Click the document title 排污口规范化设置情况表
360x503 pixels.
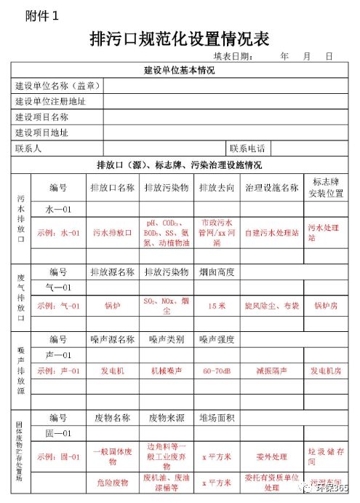(179, 38)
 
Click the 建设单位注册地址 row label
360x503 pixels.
(51, 101)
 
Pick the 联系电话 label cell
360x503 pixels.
(247, 148)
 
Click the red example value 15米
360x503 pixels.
(217, 306)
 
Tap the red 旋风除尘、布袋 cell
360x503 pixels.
(272, 306)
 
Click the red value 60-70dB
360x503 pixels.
(217, 371)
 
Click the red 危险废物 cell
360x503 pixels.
(113, 483)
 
